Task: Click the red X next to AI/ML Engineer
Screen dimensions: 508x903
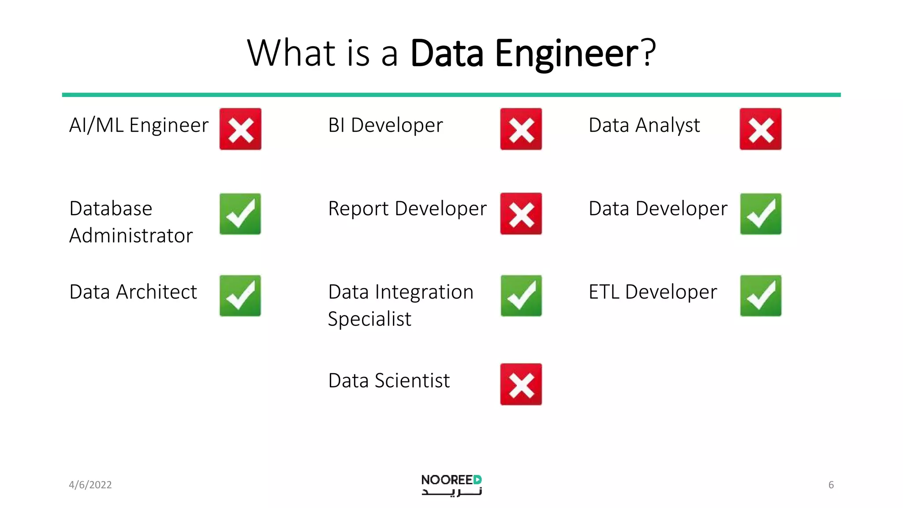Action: click(x=240, y=129)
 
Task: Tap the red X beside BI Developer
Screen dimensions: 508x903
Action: click(x=521, y=129)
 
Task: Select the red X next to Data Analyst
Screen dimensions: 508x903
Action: click(x=761, y=129)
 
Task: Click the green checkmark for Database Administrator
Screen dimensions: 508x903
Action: click(x=240, y=214)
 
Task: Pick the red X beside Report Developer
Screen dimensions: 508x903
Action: click(x=521, y=214)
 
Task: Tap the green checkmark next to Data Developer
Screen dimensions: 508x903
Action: click(x=761, y=214)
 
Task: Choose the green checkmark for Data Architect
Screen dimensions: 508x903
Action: click(x=240, y=296)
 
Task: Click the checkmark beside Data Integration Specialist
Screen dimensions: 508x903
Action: click(x=521, y=296)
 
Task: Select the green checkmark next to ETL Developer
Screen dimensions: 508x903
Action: click(x=761, y=296)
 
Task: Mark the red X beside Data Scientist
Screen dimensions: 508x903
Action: click(x=521, y=384)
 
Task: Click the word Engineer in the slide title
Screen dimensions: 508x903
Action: click(x=567, y=54)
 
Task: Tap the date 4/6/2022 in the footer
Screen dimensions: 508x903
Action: click(x=90, y=485)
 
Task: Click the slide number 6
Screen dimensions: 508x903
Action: click(x=831, y=485)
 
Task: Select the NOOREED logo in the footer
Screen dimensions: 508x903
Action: click(x=451, y=485)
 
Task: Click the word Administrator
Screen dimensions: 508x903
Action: click(x=131, y=235)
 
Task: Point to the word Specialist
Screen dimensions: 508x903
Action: click(x=369, y=319)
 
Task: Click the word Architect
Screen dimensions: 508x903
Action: click(x=157, y=292)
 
